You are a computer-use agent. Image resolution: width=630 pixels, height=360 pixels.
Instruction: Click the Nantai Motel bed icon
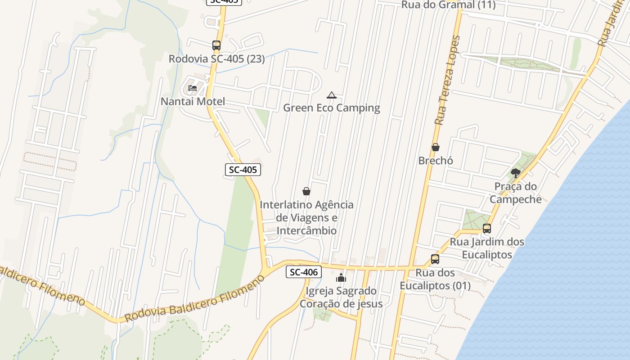193,88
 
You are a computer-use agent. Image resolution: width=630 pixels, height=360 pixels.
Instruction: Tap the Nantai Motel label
193,101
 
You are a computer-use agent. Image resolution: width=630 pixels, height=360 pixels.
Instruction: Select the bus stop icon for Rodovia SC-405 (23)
216,45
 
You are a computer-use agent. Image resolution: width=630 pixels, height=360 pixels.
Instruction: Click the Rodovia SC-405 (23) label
216,58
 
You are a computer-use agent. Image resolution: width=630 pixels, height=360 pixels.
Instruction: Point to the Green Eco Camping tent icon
332,95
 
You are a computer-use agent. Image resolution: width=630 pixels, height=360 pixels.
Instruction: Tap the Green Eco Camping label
332,108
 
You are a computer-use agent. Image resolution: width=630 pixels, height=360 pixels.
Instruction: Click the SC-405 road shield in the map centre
243,170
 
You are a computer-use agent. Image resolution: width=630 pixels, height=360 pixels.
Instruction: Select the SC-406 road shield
303,272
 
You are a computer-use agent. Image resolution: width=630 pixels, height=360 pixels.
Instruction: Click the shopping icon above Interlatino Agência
306,191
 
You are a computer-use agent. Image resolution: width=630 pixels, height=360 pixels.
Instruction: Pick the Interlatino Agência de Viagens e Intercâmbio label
306,217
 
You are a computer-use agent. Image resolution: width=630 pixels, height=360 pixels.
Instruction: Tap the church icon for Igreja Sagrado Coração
341,278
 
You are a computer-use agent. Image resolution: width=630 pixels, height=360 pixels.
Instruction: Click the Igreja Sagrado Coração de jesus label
341,297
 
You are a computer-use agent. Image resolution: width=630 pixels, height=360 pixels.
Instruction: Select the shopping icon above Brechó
436,147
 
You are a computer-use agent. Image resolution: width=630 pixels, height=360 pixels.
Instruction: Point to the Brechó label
436,160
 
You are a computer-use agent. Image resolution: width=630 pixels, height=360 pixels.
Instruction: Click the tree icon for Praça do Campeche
516,173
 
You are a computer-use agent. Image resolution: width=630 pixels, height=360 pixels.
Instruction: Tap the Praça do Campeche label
516,193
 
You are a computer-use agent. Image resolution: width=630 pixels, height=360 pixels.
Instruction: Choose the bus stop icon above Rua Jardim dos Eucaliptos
487,229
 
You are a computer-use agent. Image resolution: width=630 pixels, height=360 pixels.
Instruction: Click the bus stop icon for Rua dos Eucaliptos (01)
435,259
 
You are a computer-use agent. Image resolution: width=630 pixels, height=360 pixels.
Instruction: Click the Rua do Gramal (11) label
448,5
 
